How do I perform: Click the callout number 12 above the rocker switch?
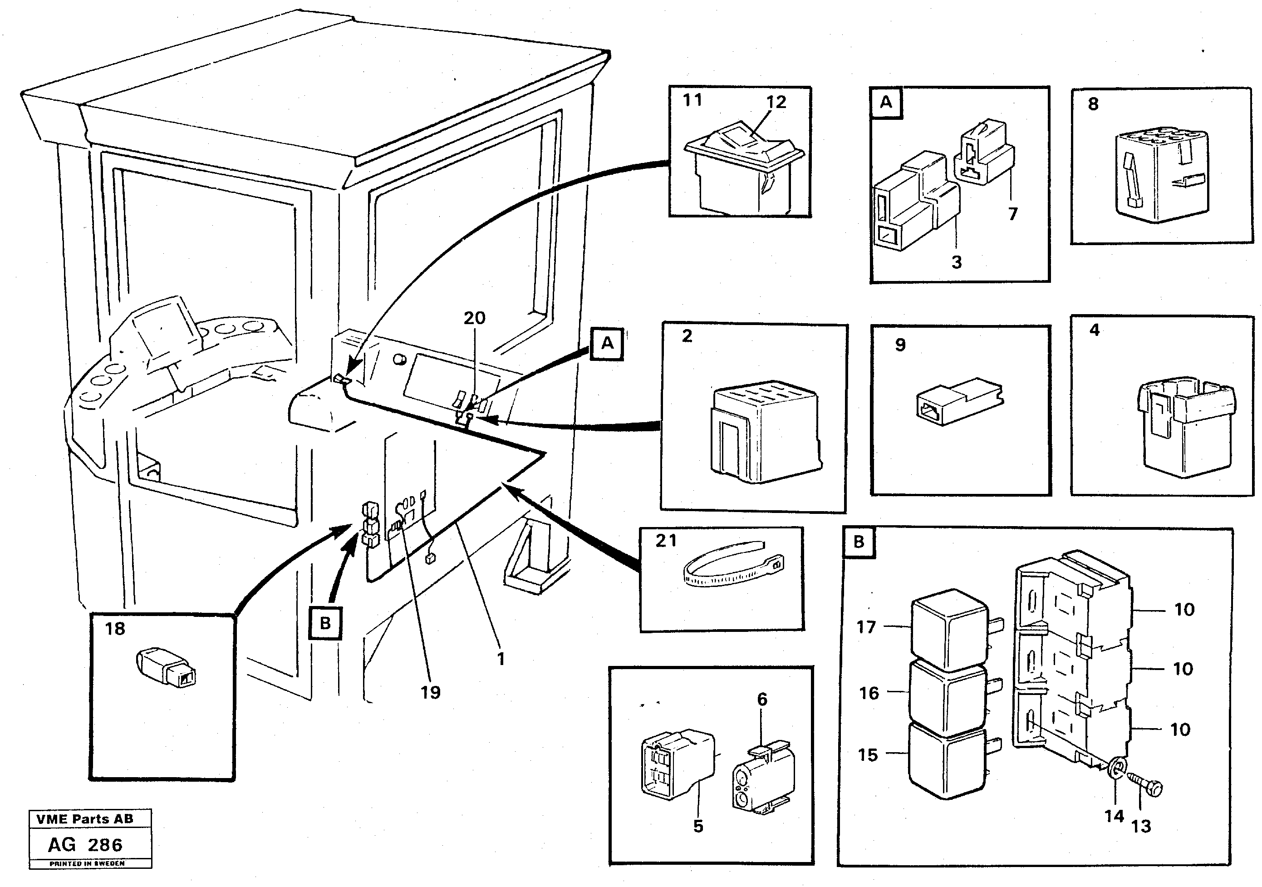coord(776,102)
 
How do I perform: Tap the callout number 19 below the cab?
coord(430,692)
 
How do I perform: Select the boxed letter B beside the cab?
coord(325,624)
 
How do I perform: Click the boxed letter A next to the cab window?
coord(607,344)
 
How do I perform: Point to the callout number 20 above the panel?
coord(474,318)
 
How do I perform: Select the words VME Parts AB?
coord(85,819)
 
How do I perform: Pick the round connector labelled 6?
coord(763,780)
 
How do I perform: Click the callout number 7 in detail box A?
coord(1012,213)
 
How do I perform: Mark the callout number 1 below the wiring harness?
coord(500,659)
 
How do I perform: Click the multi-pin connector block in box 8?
coord(1161,176)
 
